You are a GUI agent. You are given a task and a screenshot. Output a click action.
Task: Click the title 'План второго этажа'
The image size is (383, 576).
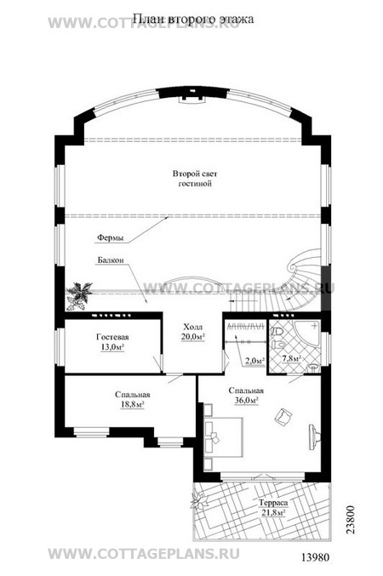pos(192,19)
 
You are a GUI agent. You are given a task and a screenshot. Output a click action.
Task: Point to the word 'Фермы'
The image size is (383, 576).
pos(111,238)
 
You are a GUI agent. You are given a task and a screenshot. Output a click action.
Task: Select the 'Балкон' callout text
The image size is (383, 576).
pos(111,260)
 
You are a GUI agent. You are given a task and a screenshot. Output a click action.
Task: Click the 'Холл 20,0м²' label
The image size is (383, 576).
pos(193,332)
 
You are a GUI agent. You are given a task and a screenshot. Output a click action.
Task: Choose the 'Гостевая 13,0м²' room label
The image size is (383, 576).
pos(112,342)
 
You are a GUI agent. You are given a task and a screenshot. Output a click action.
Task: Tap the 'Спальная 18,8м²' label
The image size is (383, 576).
pos(132,400)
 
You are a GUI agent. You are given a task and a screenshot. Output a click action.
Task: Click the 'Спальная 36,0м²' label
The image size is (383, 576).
pos(246,396)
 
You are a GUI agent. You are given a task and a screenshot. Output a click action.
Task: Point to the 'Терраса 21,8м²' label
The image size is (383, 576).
pos(272,508)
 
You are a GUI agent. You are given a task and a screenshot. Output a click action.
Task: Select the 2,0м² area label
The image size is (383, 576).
pos(254,361)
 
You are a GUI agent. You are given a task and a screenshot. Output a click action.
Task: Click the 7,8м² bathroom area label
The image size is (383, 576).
pos(291,358)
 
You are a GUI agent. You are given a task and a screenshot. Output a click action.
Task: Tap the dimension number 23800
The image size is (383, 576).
pos(351,520)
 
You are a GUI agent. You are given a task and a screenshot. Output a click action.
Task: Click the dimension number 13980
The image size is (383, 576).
pos(316,557)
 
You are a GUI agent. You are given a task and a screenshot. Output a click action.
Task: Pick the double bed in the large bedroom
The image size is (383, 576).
pos(223,436)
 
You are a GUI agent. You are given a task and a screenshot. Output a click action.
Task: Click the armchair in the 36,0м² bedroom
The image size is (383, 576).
pos(283,417)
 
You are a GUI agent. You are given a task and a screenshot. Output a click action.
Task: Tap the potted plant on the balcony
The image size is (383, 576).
pos(78,294)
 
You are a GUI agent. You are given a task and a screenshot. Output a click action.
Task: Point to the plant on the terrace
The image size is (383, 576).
pos(200,501)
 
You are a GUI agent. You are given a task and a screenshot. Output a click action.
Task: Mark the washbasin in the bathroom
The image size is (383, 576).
pos(313,368)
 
